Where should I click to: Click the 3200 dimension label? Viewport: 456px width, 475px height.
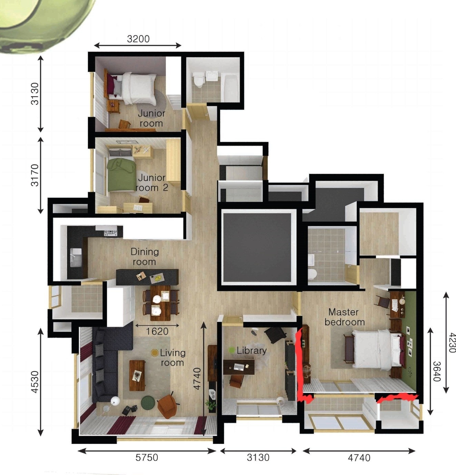click(x=138, y=39)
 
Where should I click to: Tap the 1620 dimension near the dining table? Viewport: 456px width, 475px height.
click(x=157, y=331)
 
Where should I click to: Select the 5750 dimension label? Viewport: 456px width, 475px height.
click(x=147, y=458)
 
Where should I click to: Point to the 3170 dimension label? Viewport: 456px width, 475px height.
click(x=35, y=175)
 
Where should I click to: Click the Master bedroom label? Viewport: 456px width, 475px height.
click(x=345, y=317)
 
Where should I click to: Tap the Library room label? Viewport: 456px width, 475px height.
click(x=252, y=351)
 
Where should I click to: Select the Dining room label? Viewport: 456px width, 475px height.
click(x=145, y=257)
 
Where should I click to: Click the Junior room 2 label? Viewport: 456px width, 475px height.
click(x=152, y=183)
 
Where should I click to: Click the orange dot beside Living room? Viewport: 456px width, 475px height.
click(x=155, y=353)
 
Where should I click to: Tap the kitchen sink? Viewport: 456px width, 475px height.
click(x=76, y=258)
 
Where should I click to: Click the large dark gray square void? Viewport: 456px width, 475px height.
click(x=258, y=248)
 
